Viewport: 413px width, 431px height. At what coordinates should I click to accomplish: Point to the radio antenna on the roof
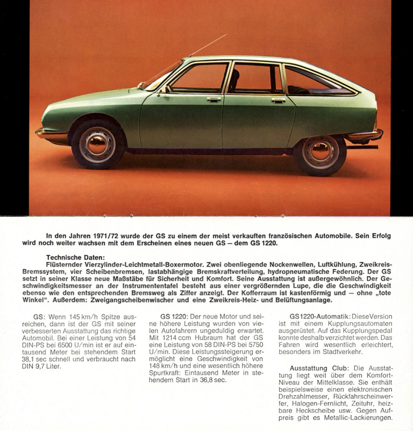pos(208,45)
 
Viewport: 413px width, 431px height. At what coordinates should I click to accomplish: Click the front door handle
pos(214,98)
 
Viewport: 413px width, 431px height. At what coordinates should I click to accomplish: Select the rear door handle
pos(278,100)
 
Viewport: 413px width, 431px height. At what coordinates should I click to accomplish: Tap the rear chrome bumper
pos(366,136)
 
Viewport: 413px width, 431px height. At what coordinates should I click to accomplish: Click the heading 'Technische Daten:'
pos(75,257)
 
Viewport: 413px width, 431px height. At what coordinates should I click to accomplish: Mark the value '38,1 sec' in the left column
pos(37,358)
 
